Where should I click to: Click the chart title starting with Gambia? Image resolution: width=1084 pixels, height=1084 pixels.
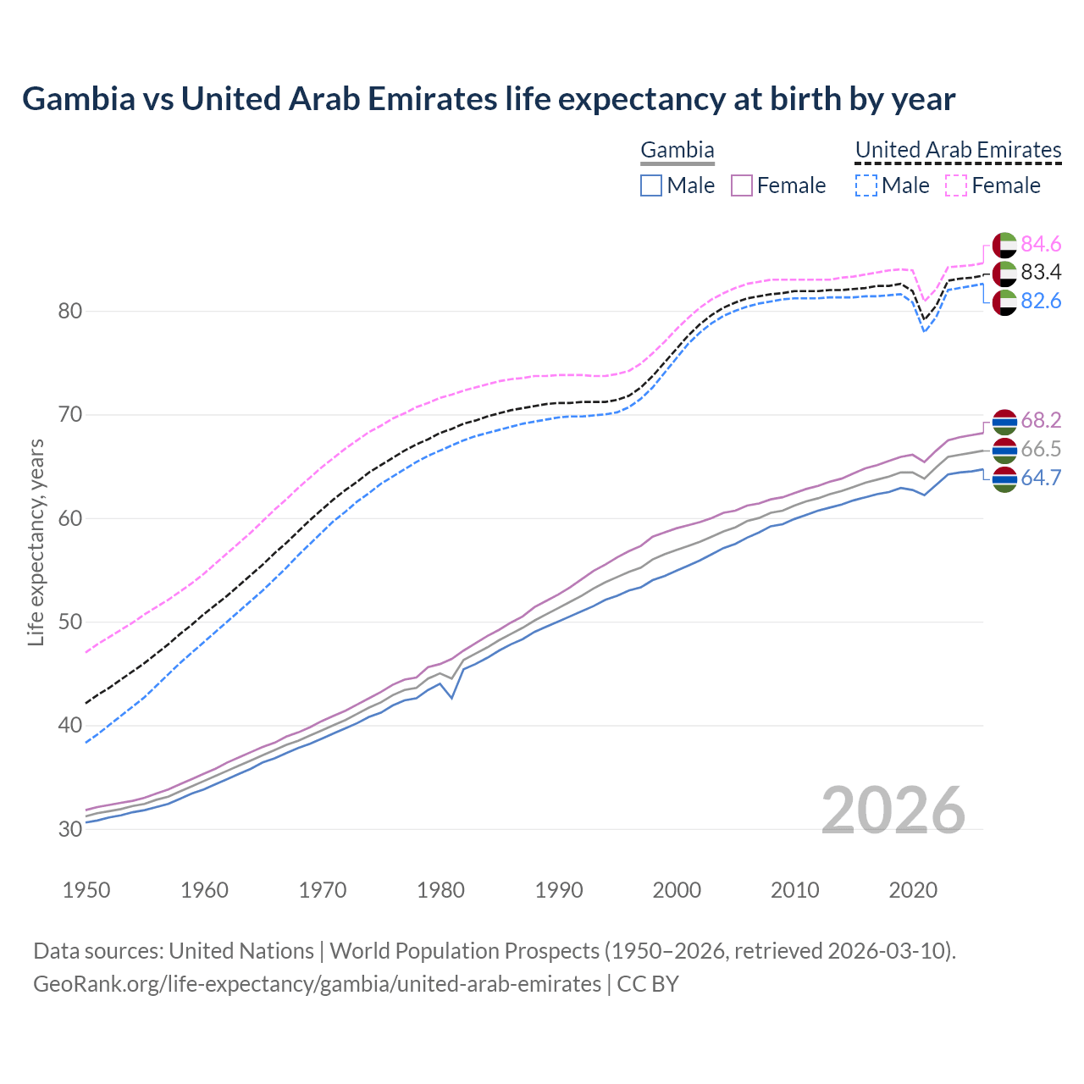coord(489,99)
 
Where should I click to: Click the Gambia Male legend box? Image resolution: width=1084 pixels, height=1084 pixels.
coord(650,185)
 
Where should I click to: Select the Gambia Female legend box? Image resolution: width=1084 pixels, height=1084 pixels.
coord(742,185)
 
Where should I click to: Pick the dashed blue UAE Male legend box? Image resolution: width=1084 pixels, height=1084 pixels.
coord(866,185)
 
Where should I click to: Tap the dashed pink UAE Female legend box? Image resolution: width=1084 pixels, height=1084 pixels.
coord(956,185)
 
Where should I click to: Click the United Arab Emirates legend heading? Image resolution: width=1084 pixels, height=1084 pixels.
coord(958,150)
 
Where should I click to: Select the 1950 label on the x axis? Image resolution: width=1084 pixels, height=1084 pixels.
coord(86,890)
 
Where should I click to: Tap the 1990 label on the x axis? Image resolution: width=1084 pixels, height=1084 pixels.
coord(559,890)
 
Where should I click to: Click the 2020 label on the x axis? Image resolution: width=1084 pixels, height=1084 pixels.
coord(913,890)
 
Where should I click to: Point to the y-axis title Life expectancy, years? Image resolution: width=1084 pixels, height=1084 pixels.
coord(36,542)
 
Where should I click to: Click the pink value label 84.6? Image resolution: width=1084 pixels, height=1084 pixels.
coord(1041,245)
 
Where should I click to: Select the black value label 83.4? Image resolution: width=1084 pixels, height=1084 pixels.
coord(1041,273)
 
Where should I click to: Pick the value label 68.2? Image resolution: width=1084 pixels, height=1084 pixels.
coord(1041,421)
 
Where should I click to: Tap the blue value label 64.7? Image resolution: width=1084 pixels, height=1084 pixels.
coord(1041,478)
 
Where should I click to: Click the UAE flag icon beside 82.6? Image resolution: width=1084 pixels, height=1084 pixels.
coord(1004,302)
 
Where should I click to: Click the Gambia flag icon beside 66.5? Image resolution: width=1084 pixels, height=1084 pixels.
coord(1004,451)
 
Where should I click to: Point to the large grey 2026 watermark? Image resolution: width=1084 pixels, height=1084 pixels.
coord(893,810)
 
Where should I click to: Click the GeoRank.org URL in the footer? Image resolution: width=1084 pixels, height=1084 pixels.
coord(317,984)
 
